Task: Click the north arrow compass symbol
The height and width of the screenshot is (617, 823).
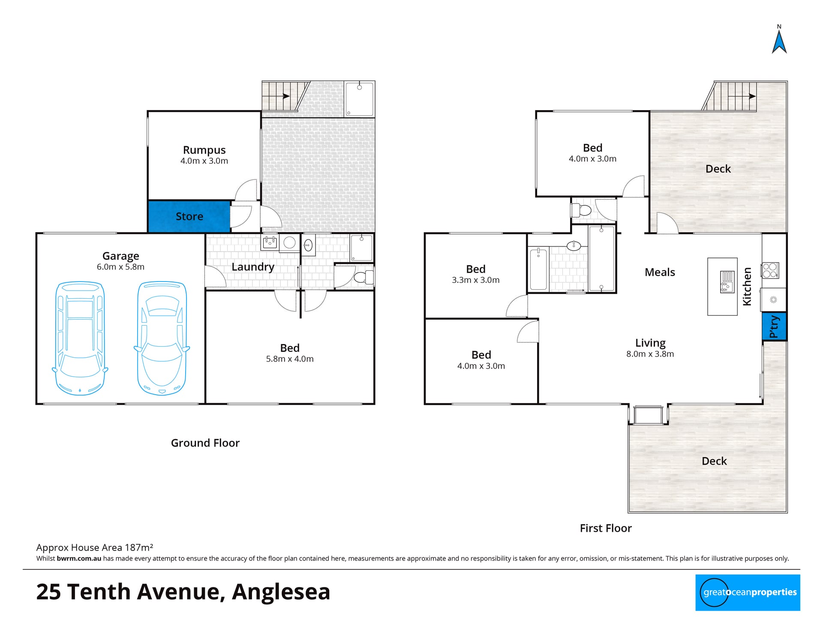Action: (779, 41)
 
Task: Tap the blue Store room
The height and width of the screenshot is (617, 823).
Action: (189, 216)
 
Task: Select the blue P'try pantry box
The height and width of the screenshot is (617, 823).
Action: (774, 326)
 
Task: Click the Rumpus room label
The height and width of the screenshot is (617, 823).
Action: (204, 150)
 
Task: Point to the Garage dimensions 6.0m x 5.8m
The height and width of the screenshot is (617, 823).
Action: (120, 267)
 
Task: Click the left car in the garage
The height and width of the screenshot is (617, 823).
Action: (80, 338)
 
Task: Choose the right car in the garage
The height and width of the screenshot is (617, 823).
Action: (162, 338)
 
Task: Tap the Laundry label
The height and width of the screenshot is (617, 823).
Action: (253, 267)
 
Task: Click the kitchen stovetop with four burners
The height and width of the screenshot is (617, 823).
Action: (770, 270)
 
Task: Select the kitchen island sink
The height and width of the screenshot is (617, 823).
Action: (727, 282)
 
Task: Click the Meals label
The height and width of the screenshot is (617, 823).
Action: (660, 272)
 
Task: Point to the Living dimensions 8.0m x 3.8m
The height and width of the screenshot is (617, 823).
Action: (650, 354)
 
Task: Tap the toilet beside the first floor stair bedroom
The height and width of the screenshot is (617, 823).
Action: (581, 210)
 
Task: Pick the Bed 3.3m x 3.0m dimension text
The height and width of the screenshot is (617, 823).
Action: (476, 280)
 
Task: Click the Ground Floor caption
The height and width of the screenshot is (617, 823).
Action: (205, 443)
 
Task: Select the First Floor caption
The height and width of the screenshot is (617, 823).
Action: (606, 528)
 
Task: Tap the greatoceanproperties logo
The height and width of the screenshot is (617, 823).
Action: (748, 593)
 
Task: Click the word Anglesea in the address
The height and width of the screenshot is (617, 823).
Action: (281, 592)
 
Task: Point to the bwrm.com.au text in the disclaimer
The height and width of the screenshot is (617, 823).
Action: (79, 558)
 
